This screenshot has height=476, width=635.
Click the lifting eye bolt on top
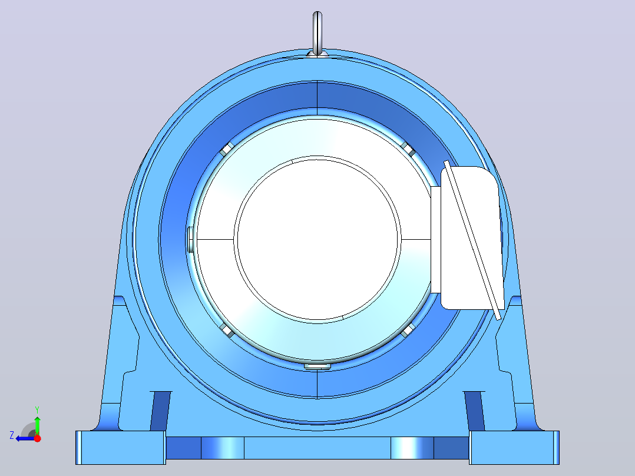317,34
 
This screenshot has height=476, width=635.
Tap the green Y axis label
37,409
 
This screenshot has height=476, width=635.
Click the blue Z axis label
12,435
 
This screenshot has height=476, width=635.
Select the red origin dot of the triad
37,438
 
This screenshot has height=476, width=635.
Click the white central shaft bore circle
317,239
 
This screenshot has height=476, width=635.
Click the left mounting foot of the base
121,448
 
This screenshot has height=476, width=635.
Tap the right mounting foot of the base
514,448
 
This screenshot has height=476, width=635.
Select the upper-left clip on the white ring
227,149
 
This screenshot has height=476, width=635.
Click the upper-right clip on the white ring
408,149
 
